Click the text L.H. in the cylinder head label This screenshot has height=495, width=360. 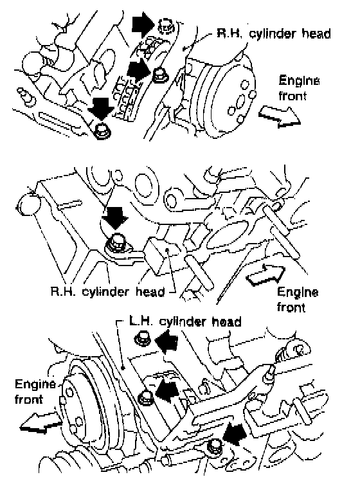tap(141, 321)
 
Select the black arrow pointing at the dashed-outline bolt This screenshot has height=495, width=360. tap(143, 22)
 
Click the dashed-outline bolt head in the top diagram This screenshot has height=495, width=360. tap(166, 26)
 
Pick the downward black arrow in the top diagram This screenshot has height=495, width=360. tap(101, 108)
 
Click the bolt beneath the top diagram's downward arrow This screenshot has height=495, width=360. tap(102, 131)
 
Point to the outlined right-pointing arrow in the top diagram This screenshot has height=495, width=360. tap(279, 116)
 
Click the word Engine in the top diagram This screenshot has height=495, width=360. tap(299, 81)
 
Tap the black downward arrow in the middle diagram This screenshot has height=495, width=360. tap(115, 218)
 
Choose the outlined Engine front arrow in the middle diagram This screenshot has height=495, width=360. tap(265, 274)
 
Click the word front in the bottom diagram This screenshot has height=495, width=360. tap(28, 399)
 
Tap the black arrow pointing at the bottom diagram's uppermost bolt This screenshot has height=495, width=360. tap(166, 343)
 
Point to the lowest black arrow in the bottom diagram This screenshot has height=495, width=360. tap(234, 434)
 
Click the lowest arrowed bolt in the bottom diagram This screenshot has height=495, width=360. tap(215, 446)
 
